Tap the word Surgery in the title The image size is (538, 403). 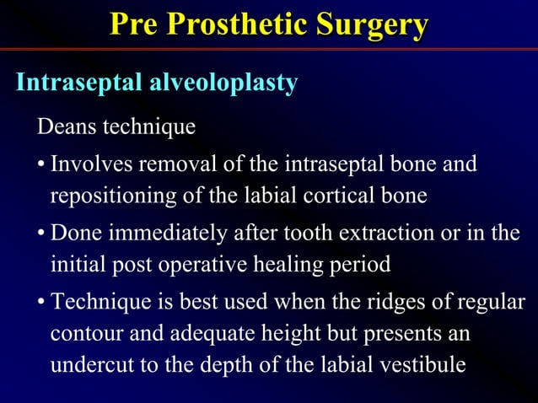tap(372, 24)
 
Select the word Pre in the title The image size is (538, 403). tap(133, 24)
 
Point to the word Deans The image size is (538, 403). tap(66, 127)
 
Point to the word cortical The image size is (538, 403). tap(337, 195)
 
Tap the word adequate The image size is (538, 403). tap(207, 334)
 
